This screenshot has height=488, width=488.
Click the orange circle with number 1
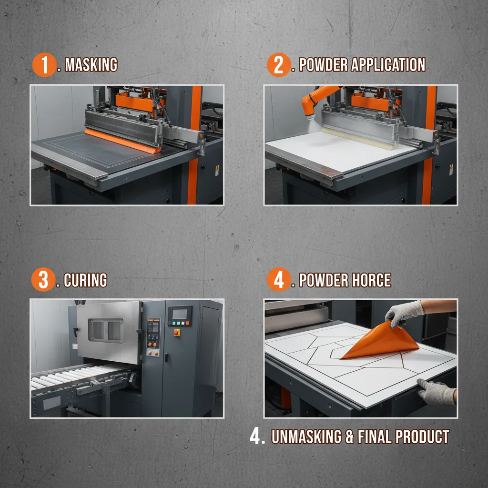[44, 65]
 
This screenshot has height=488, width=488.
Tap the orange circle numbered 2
[279, 65]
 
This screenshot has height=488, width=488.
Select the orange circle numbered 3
[43, 280]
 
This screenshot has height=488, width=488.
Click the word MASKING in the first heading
[91, 65]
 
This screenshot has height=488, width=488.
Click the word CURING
[85, 280]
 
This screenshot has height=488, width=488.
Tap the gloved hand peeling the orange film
[403, 313]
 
